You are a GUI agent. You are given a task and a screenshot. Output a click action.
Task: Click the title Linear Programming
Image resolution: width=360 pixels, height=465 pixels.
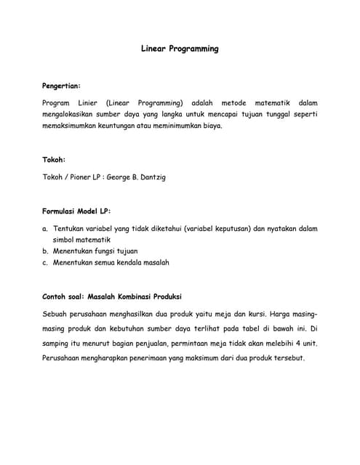click(180, 49)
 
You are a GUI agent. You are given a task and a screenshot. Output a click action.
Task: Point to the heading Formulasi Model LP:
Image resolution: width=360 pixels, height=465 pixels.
click(76, 211)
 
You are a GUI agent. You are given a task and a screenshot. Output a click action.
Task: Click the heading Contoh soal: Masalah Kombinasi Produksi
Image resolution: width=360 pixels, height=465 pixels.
click(112, 296)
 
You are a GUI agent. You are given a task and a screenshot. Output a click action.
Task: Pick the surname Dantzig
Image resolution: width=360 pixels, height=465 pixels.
click(151, 177)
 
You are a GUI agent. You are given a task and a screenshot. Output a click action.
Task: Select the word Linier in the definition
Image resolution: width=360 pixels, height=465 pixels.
click(89, 102)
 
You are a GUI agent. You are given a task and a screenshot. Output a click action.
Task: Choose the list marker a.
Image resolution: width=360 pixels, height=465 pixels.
click(45, 228)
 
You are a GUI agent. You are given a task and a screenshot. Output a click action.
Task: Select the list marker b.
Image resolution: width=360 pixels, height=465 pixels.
click(45, 251)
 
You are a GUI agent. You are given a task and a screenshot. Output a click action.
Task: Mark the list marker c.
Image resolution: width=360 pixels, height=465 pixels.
click(45, 262)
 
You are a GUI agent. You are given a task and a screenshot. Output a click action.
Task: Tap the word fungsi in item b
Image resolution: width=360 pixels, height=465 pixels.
click(97, 251)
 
